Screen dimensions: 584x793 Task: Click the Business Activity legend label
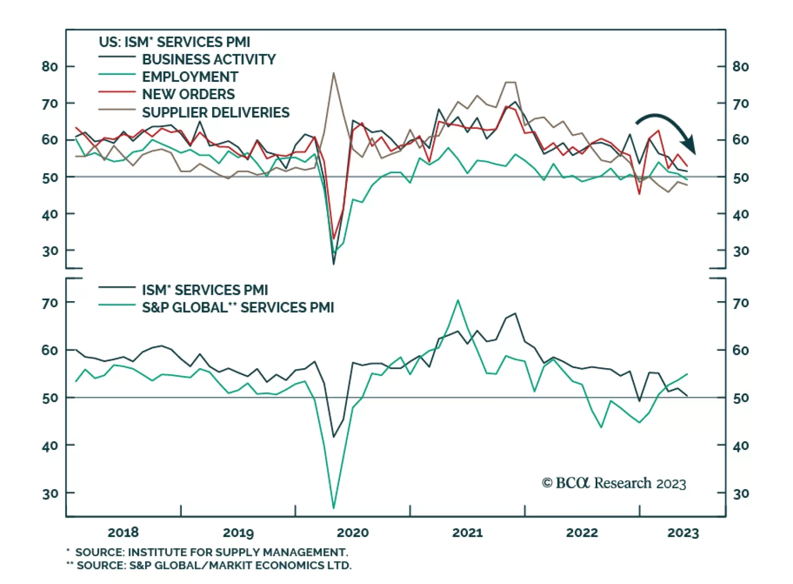209,60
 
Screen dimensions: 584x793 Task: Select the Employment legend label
190,77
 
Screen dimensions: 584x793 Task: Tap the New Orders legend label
188,94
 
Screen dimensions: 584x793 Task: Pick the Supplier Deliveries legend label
216,113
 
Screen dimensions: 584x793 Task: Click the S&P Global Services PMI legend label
238,308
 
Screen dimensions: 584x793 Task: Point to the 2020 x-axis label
352,533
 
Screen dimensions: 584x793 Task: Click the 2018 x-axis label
123,533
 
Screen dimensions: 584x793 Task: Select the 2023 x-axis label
682,533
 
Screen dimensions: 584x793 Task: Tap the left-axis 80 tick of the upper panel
50,66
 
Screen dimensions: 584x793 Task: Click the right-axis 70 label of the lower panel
740,303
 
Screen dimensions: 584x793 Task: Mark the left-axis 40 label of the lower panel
50,446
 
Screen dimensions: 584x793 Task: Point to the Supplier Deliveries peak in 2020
334,73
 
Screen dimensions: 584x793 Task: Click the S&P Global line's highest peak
457,300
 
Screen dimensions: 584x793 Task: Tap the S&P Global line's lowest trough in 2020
334,508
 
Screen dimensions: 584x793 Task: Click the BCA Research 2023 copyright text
614,483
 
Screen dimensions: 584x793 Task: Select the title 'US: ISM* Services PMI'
174,42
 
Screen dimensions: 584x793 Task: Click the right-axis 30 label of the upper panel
740,251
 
